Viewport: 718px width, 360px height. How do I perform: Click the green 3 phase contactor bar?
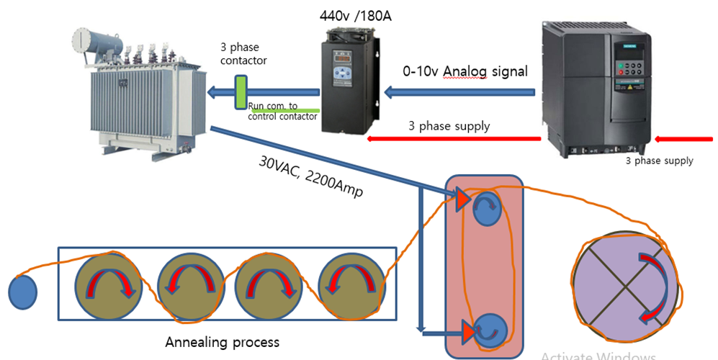coord(241,93)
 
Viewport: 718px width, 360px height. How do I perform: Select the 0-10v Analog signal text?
coord(465,71)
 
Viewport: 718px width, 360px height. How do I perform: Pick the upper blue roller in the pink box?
coord(485,211)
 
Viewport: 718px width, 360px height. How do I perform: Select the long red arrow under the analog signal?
coord(454,138)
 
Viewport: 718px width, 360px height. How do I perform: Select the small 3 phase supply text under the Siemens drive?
coord(659,161)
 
